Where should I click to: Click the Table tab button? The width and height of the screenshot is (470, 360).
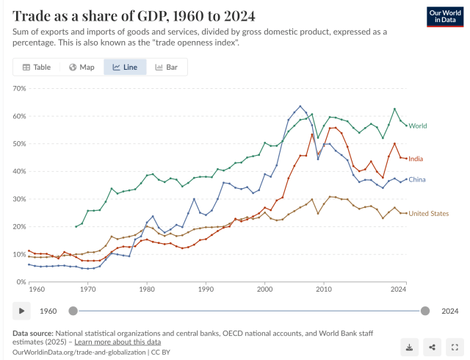click(37, 67)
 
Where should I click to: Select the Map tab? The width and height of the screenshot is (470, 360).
click(82, 67)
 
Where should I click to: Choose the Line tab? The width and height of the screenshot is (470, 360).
click(125, 67)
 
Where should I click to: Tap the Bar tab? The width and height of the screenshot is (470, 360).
click(167, 67)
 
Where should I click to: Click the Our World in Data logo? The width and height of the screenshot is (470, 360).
click(444, 16)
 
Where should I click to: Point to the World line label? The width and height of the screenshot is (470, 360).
click(418, 126)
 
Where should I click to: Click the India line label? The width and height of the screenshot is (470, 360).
click(416, 159)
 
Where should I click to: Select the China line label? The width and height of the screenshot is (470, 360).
click(417, 179)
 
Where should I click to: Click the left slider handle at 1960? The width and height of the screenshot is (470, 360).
click(73, 311)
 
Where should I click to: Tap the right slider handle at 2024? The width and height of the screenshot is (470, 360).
click(425, 311)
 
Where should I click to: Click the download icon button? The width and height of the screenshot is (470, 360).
click(409, 347)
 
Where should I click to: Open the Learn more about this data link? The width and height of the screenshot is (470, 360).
click(117, 342)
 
